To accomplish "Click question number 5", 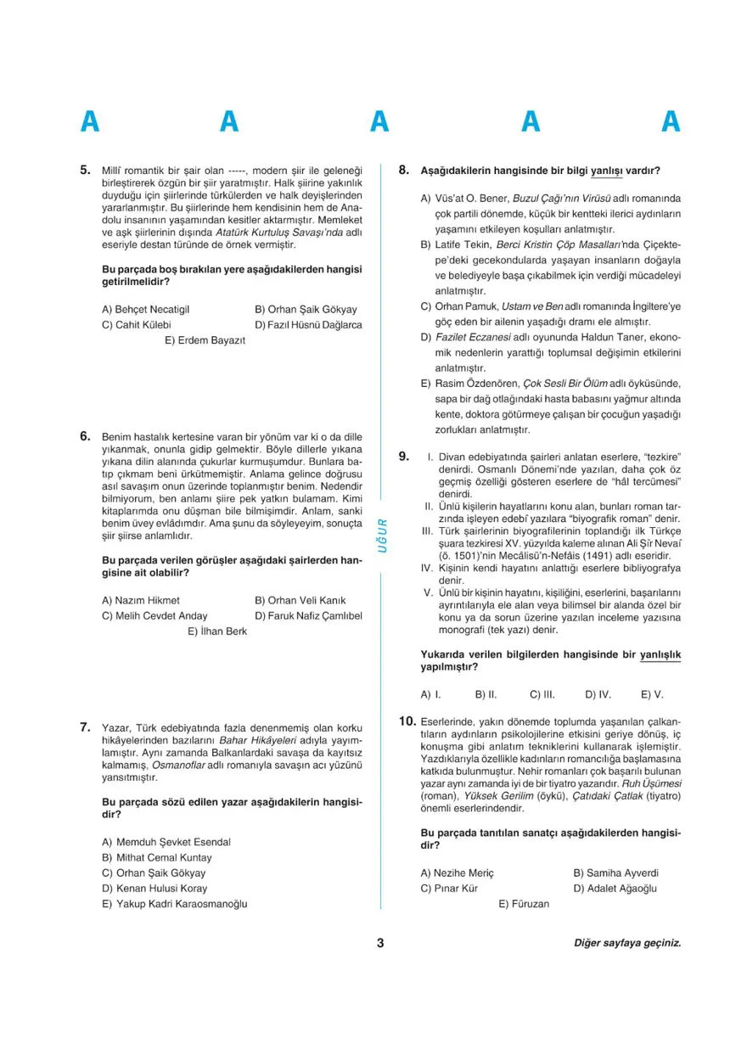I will tap(85, 170).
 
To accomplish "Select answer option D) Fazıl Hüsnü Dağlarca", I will tap(307, 325).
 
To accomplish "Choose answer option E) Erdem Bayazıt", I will tap(205, 340).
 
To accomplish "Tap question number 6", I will tap(85, 435).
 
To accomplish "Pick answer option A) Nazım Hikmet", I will tap(140, 600).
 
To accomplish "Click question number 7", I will tap(85, 727).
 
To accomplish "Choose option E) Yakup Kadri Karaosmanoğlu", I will tap(174, 904).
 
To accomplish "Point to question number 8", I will tap(405, 170).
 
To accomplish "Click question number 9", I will tap(405, 457).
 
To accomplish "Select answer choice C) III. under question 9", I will tap(542, 693).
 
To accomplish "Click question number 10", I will tap(407, 721).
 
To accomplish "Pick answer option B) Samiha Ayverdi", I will tap(615, 872).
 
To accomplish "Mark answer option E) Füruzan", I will tap(524, 904).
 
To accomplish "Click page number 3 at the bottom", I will tap(380, 943).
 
